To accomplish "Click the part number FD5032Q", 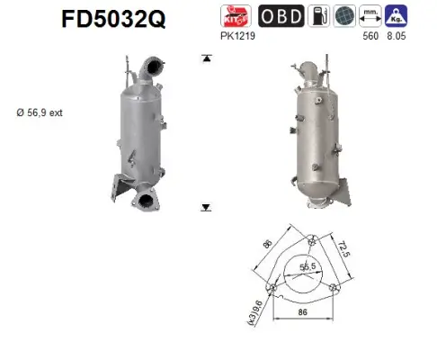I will (113, 17).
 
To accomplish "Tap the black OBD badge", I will (281, 16).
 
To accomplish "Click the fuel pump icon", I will (319, 16).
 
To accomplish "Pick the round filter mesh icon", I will (344, 16).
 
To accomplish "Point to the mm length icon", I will (370, 16).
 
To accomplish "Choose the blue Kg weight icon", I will (395, 16).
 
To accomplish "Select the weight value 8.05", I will (396, 39).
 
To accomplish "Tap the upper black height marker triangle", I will (207, 58).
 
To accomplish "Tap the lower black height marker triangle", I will (207, 207).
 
